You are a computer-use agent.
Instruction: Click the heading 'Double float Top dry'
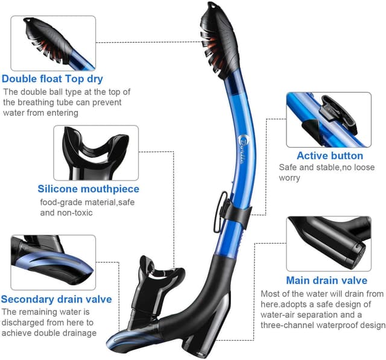click(52, 79)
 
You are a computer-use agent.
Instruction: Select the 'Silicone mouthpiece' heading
click(89, 189)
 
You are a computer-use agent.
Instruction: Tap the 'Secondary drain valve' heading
click(56, 299)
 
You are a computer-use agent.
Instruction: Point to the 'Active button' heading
click(330, 156)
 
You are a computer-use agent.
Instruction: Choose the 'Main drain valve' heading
click(327, 280)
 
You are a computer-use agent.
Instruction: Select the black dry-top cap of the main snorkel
click(219, 39)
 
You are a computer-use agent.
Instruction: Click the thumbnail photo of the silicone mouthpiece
click(96, 153)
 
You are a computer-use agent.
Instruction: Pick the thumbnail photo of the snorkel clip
click(329, 120)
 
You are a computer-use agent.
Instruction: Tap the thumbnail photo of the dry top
click(53, 43)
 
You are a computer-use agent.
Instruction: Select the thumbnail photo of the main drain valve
click(329, 244)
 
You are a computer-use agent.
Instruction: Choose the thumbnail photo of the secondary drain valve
click(53, 262)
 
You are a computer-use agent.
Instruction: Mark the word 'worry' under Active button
click(289, 178)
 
